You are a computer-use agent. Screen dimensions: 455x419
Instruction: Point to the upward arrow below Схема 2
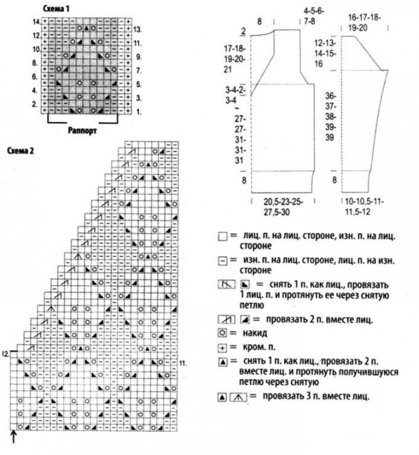click(14, 436)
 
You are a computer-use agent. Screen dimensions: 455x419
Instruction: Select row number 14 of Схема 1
click(35, 22)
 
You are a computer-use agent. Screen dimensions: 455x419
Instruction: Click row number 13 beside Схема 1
click(136, 30)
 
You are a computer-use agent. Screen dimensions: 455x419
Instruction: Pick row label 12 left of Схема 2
click(5, 354)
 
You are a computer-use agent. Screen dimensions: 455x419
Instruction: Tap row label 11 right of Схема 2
click(183, 362)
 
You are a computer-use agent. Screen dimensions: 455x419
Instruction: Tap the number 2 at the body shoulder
click(243, 30)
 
